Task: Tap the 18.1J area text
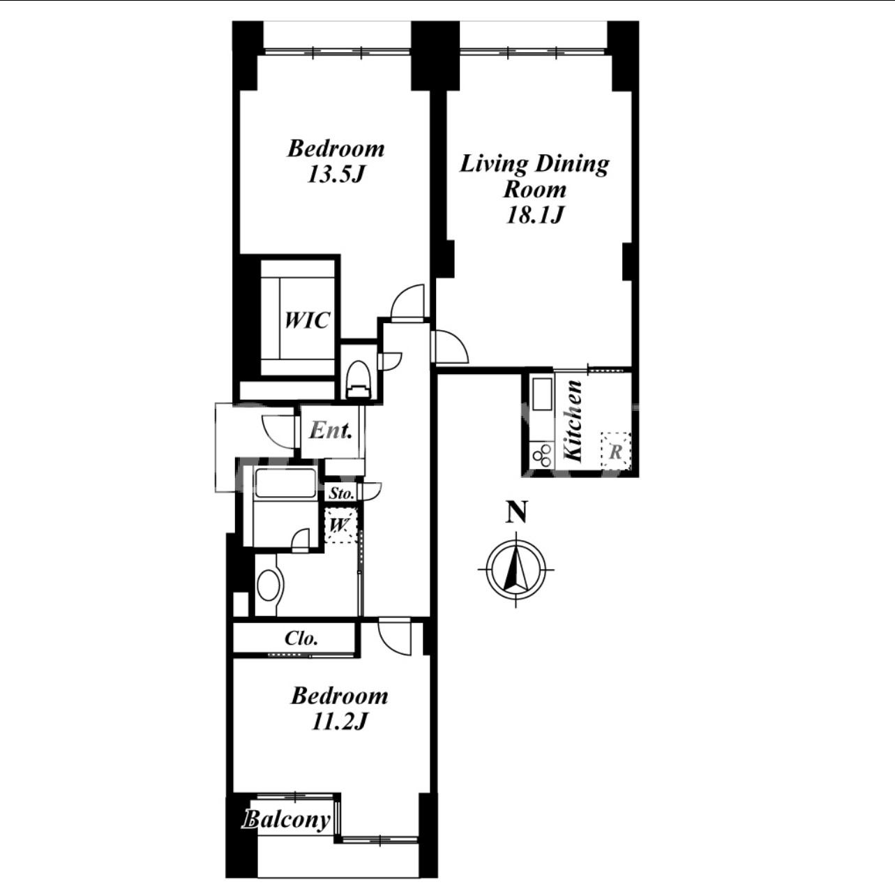[534, 215]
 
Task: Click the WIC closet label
[307, 320]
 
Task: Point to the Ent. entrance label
[331, 430]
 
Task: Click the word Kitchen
[573, 421]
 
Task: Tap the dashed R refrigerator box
[615, 451]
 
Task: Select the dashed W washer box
[341, 525]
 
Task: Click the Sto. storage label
[342, 493]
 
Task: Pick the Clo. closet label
[301, 639]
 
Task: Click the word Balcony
[287, 820]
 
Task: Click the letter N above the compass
[516, 512]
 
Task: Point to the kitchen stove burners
[541, 455]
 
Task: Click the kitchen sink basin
[542, 394]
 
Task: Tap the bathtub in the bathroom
[285, 483]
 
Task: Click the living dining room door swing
[449, 346]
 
